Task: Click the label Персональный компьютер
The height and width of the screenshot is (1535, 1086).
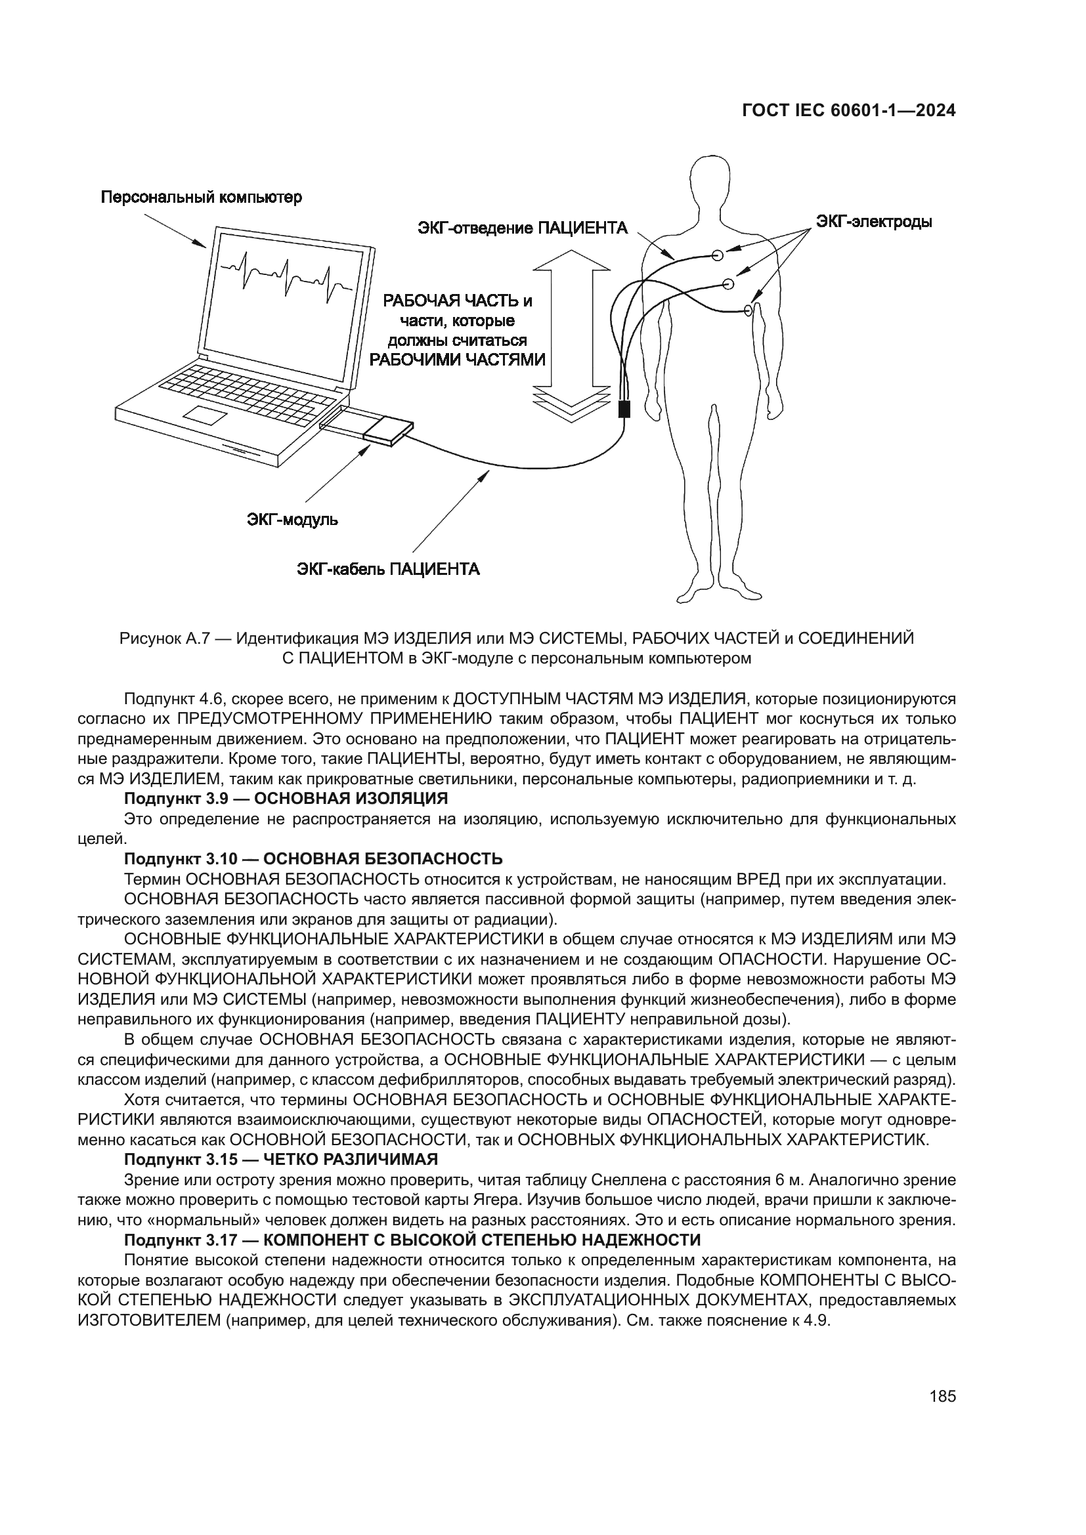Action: (202, 198)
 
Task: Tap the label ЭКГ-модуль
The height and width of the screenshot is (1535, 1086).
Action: (292, 520)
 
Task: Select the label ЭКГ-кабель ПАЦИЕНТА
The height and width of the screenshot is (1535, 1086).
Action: (389, 569)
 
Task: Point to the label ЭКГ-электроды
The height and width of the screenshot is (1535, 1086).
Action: (873, 221)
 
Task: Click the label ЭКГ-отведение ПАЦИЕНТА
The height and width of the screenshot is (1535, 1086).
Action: (523, 228)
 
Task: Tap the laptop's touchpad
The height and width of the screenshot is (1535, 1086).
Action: (207, 415)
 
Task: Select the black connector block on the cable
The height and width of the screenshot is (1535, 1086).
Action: (624, 408)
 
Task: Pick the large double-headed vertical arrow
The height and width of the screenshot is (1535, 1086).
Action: (572, 334)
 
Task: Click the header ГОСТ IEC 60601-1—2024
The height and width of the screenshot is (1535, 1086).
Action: (848, 111)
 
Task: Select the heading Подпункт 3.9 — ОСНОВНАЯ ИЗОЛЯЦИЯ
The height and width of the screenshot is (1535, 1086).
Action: (286, 798)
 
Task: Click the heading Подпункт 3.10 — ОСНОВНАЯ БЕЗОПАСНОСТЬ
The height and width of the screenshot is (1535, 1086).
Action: (313, 858)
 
